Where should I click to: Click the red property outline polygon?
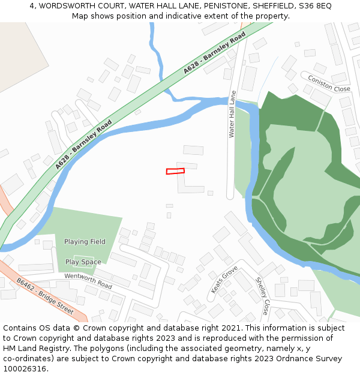pos(175,171)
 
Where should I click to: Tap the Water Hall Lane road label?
pos(232,115)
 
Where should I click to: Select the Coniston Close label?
pos(325,82)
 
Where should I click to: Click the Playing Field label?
pos(85,242)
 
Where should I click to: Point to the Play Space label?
pos(83,262)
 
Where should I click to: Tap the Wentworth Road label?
pos(88,280)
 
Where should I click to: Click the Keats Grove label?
pos(224,280)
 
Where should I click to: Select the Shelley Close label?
pos(262,296)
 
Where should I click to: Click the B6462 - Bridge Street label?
pos(45,296)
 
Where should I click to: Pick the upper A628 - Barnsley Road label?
pos(214,54)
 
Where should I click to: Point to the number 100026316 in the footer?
pos(24,369)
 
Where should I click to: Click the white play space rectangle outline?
pos(83,262)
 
